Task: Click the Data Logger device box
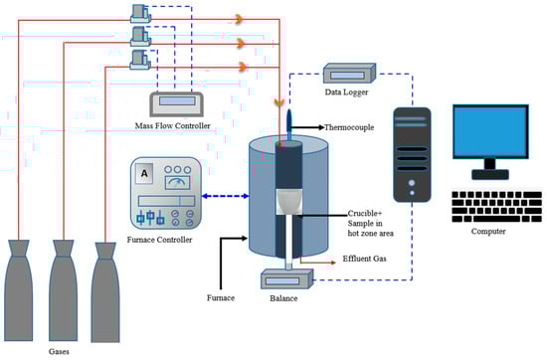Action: coord(349,74)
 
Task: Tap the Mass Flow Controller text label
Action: coord(173,126)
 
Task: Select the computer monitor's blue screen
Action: coord(490,131)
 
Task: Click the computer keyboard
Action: coord(496,207)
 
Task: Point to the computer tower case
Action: coord(412,155)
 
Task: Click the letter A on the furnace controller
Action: coord(144,173)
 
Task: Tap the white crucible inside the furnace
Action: coord(289,202)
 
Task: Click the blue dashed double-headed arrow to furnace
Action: coord(226,196)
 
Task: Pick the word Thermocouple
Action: coord(349,127)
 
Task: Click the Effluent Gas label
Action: coord(365,259)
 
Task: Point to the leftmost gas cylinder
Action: coord(19,290)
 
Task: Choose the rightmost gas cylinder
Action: coord(105,292)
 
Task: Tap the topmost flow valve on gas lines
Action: coord(141,14)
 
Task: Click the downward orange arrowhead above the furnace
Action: coord(278,102)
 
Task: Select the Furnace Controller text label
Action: coord(159,240)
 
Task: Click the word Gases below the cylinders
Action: coord(59,351)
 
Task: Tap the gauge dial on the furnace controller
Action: coord(177,182)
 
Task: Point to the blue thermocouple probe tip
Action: coord(289,112)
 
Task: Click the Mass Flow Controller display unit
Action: coord(176,104)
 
